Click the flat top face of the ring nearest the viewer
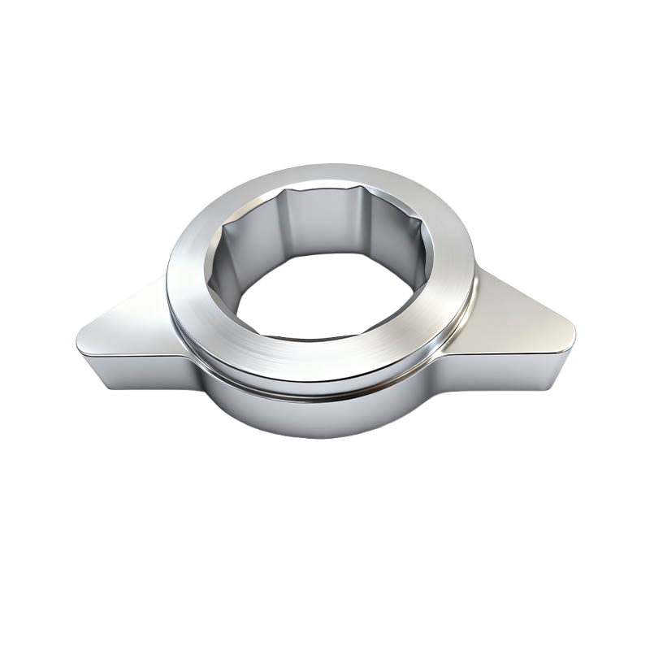(325, 362)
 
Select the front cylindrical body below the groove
(325, 414)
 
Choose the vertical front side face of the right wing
(520, 366)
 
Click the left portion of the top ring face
(191, 284)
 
